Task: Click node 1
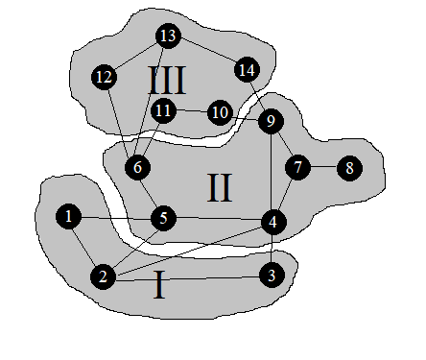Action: click(68, 216)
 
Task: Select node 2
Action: click(102, 277)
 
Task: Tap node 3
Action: click(272, 276)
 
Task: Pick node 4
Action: click(273, 223)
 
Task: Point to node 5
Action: click(164, 219)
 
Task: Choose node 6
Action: click(137, 167)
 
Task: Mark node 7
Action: click(298, 167)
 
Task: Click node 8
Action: click(349, 167)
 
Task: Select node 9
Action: click(271, 121)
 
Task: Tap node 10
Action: click(220, 113)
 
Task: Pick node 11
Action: click(164, 109)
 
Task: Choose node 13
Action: click(168, 36)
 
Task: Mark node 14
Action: click(247, 69)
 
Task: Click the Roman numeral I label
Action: click(159, 285)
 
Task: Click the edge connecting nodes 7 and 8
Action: click(324, 167)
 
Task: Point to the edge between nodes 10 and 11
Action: click(192, 111)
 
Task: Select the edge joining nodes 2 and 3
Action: click(187, 276)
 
